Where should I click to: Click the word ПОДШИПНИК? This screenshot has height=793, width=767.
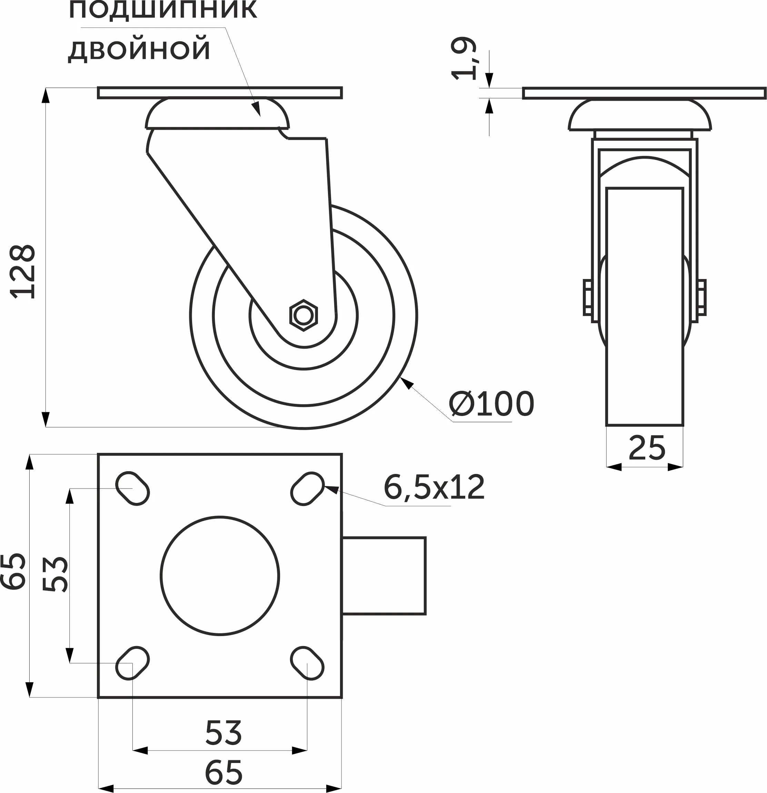coord(163,10)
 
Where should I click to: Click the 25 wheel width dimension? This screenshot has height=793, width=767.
coord(646,447)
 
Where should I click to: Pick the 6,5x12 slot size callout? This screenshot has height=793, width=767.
coord(434,487)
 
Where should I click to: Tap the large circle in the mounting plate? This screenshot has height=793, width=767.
coord(220,576)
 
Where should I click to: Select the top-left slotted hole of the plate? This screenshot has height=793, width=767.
coord(133,488)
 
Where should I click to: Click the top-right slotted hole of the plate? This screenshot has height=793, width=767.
coord(307,488)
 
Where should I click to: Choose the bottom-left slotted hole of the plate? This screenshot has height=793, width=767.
coord(133,663)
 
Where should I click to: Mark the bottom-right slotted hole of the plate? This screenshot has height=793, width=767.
coord(307,663)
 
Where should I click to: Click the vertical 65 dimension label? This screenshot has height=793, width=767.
coord(14,571)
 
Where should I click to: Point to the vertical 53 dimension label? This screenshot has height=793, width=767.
coord(56,575)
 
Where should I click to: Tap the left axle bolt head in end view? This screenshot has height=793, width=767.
coord(587,297)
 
